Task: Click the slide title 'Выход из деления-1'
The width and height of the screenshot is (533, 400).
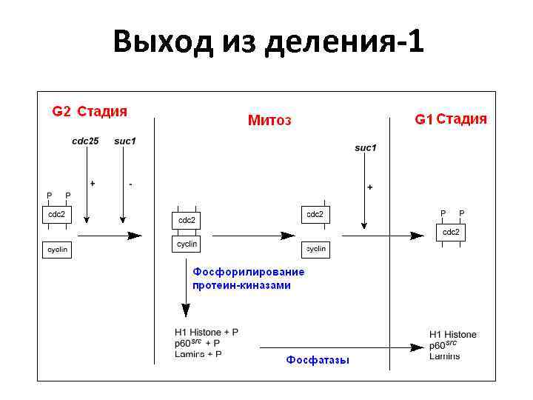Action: click(x=269, y=43)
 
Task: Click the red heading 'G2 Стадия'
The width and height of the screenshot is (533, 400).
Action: click(x=89, y=112)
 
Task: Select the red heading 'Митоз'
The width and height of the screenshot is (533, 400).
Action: click(x=269, y=120)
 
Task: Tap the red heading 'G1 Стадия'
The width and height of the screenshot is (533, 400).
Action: click(x=450, y=119)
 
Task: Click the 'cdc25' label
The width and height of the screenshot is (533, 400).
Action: click(x=85, y=141)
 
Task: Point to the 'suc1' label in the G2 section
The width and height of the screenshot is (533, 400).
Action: click(x=124, y=141)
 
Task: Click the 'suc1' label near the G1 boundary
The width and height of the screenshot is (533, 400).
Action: click(x=365, y=148)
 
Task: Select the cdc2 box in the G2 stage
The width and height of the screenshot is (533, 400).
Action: click(x=57, y=215)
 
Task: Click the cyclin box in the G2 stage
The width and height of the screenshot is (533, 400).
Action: click(x=57, y=250)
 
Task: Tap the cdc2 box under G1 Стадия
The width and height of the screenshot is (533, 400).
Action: click(x=451, y=233)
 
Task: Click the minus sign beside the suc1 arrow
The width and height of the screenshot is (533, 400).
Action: click(x=131, y=183)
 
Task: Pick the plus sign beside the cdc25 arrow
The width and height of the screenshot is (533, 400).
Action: click(x=93, y=183)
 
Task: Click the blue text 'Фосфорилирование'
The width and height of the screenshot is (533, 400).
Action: click(x=248, y=272)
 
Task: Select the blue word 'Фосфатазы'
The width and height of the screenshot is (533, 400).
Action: click(x=318, y=360)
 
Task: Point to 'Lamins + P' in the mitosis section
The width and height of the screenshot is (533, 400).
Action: click(x=198, y=354)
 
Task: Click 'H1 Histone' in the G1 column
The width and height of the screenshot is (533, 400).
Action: click(x=452, y=334)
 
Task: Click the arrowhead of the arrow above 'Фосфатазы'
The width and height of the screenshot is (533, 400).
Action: click(x=417, y=347)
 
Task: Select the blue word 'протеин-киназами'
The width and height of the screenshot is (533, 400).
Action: click(x=241, y=284)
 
